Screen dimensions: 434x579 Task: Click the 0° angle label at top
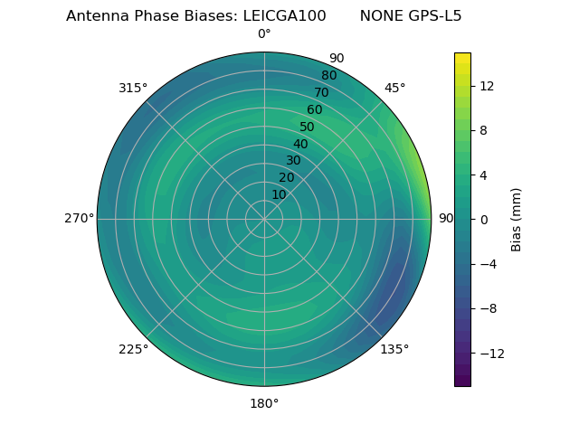[264, 34]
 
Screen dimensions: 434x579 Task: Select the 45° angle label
[394, 89]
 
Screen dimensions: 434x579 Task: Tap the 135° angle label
[394, 349]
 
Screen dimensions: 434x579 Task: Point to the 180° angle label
[264, 403]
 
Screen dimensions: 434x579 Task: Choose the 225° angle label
[133, 349]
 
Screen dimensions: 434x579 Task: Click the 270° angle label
[79, 219]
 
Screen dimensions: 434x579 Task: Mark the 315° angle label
[133, 89]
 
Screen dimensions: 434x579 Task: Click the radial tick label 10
[279, 195]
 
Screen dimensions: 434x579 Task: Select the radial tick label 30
[293, 161]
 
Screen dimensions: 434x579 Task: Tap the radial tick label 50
[308, 127]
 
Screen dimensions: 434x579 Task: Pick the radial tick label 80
[329, 76]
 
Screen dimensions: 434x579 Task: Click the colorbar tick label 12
[486, 86]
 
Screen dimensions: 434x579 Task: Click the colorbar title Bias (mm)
[517, 219]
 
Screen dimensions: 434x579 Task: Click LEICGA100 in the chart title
[284, 16]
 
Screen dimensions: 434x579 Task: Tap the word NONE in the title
[378, 16]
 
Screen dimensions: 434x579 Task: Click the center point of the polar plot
[264, 219]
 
